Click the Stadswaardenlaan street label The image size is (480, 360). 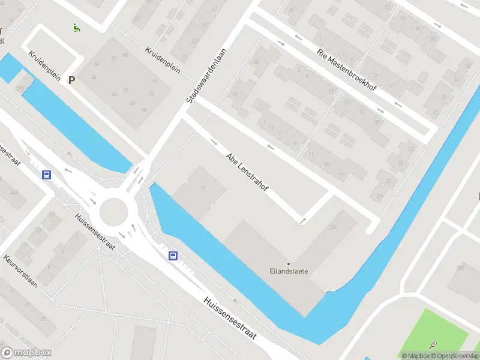pos(207,76)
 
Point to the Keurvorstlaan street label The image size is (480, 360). pos(20,271)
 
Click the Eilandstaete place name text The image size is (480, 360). pos(289,271)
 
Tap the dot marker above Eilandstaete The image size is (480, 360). pos(289,263)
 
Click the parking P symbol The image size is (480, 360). pos(72,80)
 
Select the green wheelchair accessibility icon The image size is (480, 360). pos(76,27)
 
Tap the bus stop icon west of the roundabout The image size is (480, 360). pos(46,175)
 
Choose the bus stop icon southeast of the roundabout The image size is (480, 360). pos(173,256)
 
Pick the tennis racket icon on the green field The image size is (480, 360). pos(433,345)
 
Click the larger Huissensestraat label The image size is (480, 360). pos(230,318)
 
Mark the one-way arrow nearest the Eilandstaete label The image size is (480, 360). pos(303,220)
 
